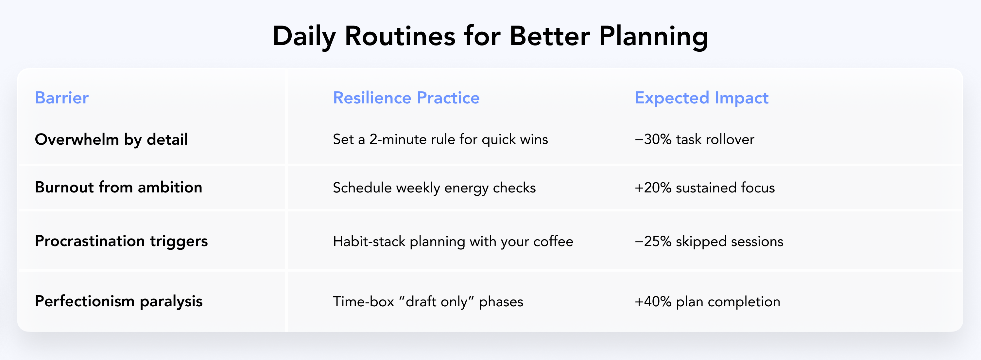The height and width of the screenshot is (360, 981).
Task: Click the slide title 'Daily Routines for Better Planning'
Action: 490,37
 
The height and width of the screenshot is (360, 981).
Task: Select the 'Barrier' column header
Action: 62,98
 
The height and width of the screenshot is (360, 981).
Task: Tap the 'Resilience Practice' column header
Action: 406,98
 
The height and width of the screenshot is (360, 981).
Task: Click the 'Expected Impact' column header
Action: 701,98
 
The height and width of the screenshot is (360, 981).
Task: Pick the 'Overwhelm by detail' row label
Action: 111,139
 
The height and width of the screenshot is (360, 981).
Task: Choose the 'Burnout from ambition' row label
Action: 118,188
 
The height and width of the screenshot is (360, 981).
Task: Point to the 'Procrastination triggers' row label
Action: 121,241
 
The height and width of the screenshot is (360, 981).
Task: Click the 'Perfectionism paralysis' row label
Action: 118,301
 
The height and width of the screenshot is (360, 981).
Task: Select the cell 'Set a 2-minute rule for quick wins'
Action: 440,139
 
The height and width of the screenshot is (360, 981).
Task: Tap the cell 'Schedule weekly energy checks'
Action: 434,188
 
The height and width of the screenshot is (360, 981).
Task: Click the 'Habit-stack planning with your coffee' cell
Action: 453,242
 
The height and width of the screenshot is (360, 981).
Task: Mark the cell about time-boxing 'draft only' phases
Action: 428,302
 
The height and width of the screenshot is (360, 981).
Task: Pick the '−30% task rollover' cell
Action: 694,139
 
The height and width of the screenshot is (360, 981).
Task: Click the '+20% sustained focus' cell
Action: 705,188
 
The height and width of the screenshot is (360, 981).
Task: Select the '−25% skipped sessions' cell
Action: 709,242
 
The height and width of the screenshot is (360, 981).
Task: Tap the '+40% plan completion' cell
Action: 707,302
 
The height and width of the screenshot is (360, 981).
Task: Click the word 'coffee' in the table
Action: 553,242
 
